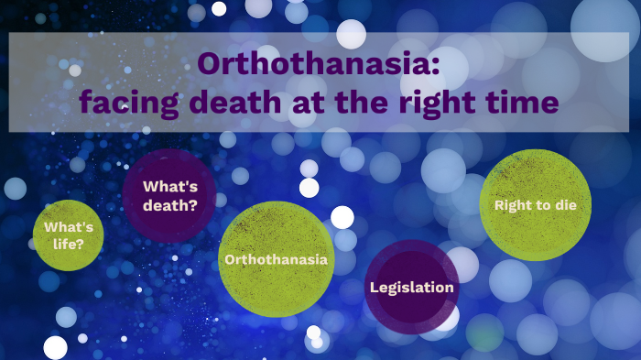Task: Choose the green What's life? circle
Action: pyautogui.click(x=68, y=235)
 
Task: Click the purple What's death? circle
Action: pyautogui.click(x=169, y=196)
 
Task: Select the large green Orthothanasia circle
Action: pyautogui.click(x=276, y=259)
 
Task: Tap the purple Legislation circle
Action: pyautogui.click(x=411, y=287)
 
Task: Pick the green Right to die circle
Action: pyautogui.click(x=536, y=204)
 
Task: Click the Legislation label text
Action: pyautogui.click(x=411, y=288)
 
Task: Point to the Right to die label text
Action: pyautogui.click(x=536, y=205)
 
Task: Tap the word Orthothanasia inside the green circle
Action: pyautogui.click(x=276, y=259)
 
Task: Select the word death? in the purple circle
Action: pyautogui.click(x=169, y=205)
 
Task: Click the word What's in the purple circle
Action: pyautogui.click(x=169, y=186)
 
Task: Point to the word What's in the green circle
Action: pyautogui.click(x=67, y=226)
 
